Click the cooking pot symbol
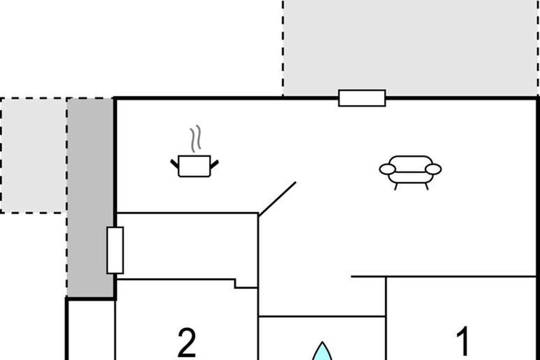click(x=194, y=166)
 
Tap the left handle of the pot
click(x=174, y=163)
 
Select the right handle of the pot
click(x=214, y=163)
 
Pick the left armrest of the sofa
click(x=387, y=169)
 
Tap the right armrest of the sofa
click(x=433, y=169)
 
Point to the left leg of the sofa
click(x=396, y=186)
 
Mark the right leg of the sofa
click(x=426, y=186)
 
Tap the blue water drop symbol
click(x=323, y=352)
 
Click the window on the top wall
click(x=362, y=98)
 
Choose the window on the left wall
click(x=115, y=250)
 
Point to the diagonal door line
click(x=277, y=198)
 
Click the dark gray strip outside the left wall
click(x=90, y=198)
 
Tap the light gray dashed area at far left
click(x=34, y=155)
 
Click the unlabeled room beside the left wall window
click(x=187, y=246)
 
